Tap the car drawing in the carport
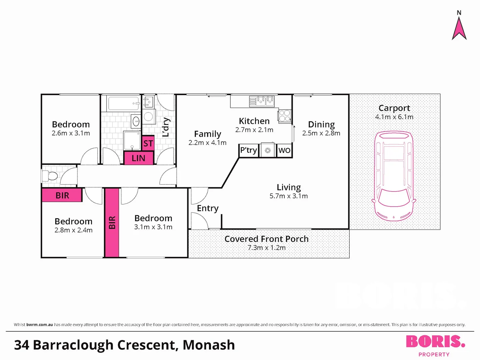click(x=394, y=176)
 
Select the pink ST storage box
click(x=148, y=143)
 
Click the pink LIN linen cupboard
click(x=138, y=158)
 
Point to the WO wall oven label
click(x=284, y=150)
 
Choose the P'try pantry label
click(x=248, y=150)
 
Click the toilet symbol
click(x=50, y=176)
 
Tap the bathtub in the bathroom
click(x=124, y=103)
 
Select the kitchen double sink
click(x=262, y=101)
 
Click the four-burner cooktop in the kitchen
click(x=285, y=116)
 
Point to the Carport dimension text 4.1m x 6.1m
click(x=394, y=117)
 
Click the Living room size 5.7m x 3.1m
click(x=289, y=196)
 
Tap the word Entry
click(x=208, y=208)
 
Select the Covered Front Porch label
click(x=267, y=239)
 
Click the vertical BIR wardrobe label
click(x=112, y=223)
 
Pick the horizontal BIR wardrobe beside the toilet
click(x=62, y=195)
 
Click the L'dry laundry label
click(x=166, y=127)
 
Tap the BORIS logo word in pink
click(x=436, y=341)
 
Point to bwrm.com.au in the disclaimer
click(x=40, y=325)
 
